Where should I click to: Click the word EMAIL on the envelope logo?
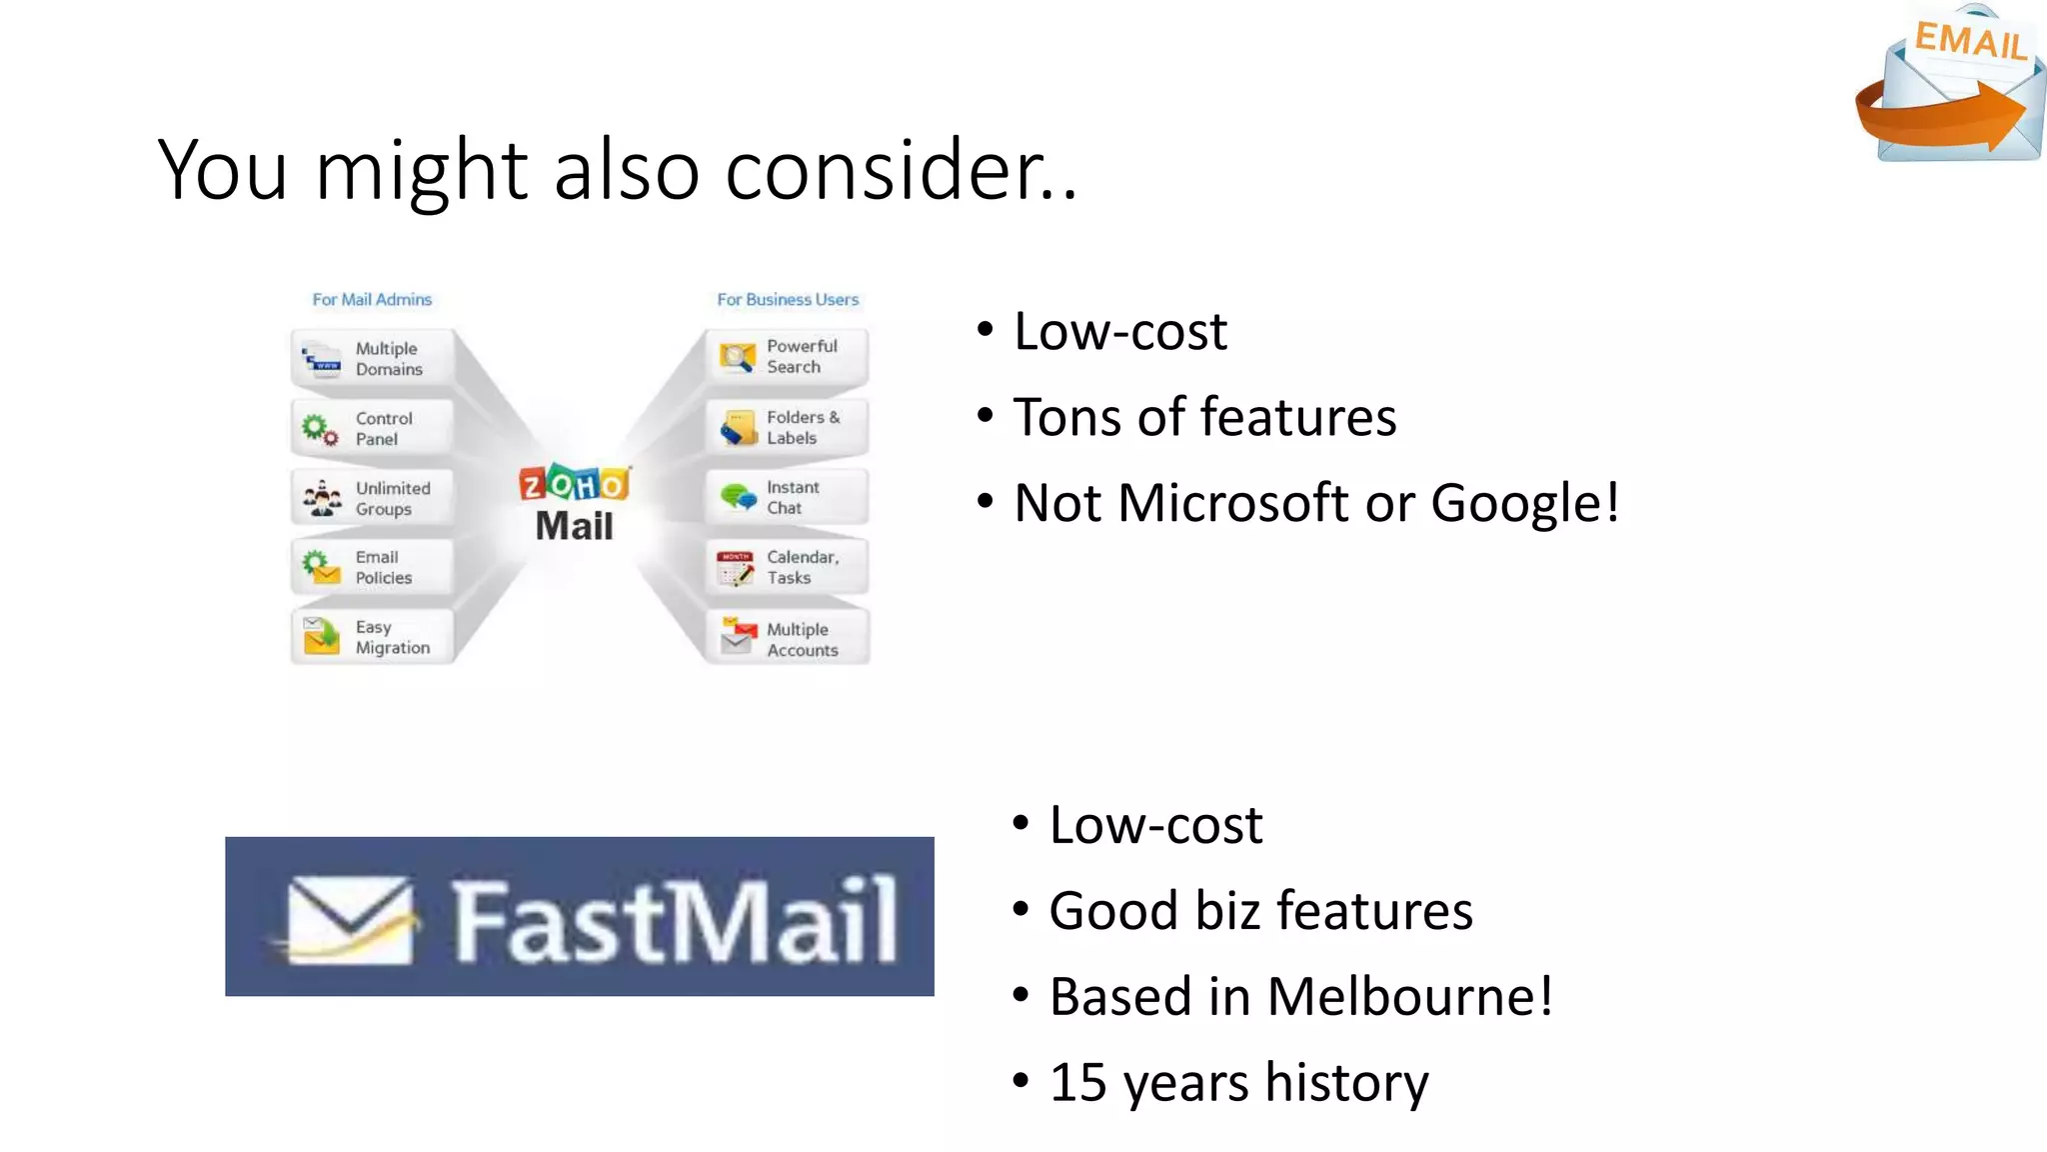(x=1969, y=42)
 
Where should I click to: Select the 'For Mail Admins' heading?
(x=372, y=299)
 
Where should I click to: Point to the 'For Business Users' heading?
(x=788, y=299)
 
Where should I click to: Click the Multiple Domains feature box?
(x=373, y=358)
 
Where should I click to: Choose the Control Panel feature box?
(x=373, y=428)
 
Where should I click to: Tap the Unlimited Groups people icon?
(x=322, y=498)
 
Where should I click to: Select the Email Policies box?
(x=373, y=567)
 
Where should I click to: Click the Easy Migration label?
(x=392, y=637)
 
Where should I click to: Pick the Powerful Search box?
(x=787, y=356)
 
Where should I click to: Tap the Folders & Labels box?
(x=787, y=427)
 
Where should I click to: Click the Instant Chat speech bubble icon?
(x=738, y=496)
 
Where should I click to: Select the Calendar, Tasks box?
(x=787, y=567)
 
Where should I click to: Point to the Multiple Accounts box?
(x=787, y=639)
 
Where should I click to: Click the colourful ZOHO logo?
(x=574, y=484)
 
